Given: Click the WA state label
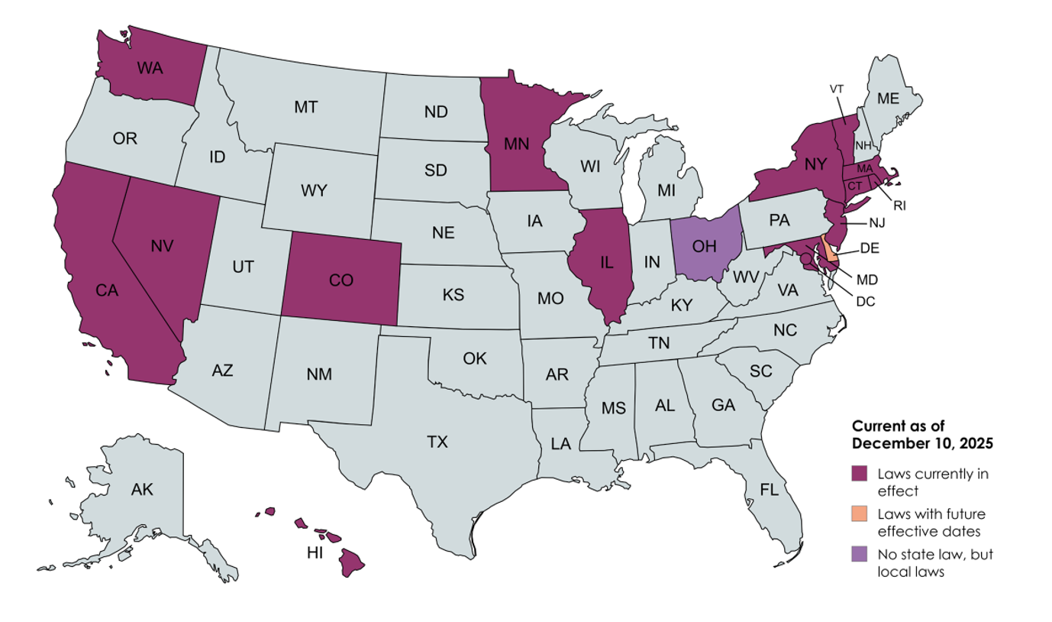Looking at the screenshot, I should (x=150, y=68).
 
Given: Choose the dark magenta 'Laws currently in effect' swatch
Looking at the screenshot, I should (x=860, y=474).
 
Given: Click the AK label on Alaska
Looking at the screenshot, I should (x=142, y=490).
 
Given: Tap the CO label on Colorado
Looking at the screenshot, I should (x=340, y=281).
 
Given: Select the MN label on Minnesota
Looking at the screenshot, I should (x=518, y=142).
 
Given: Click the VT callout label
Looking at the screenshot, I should (x=837, y=89).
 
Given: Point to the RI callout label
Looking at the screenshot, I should (x=899, y=205).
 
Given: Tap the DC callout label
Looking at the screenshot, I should (x=865, y=301).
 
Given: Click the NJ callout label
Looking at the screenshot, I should (x=876, y=222).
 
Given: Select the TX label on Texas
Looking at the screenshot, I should (x=437, y=442).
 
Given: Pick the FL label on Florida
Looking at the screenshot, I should (x=768, y=490).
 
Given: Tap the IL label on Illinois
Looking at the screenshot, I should (x=606, y=263).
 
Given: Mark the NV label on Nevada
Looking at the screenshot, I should (x=162, y=246).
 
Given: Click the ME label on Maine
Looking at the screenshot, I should (x=887, y=98).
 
